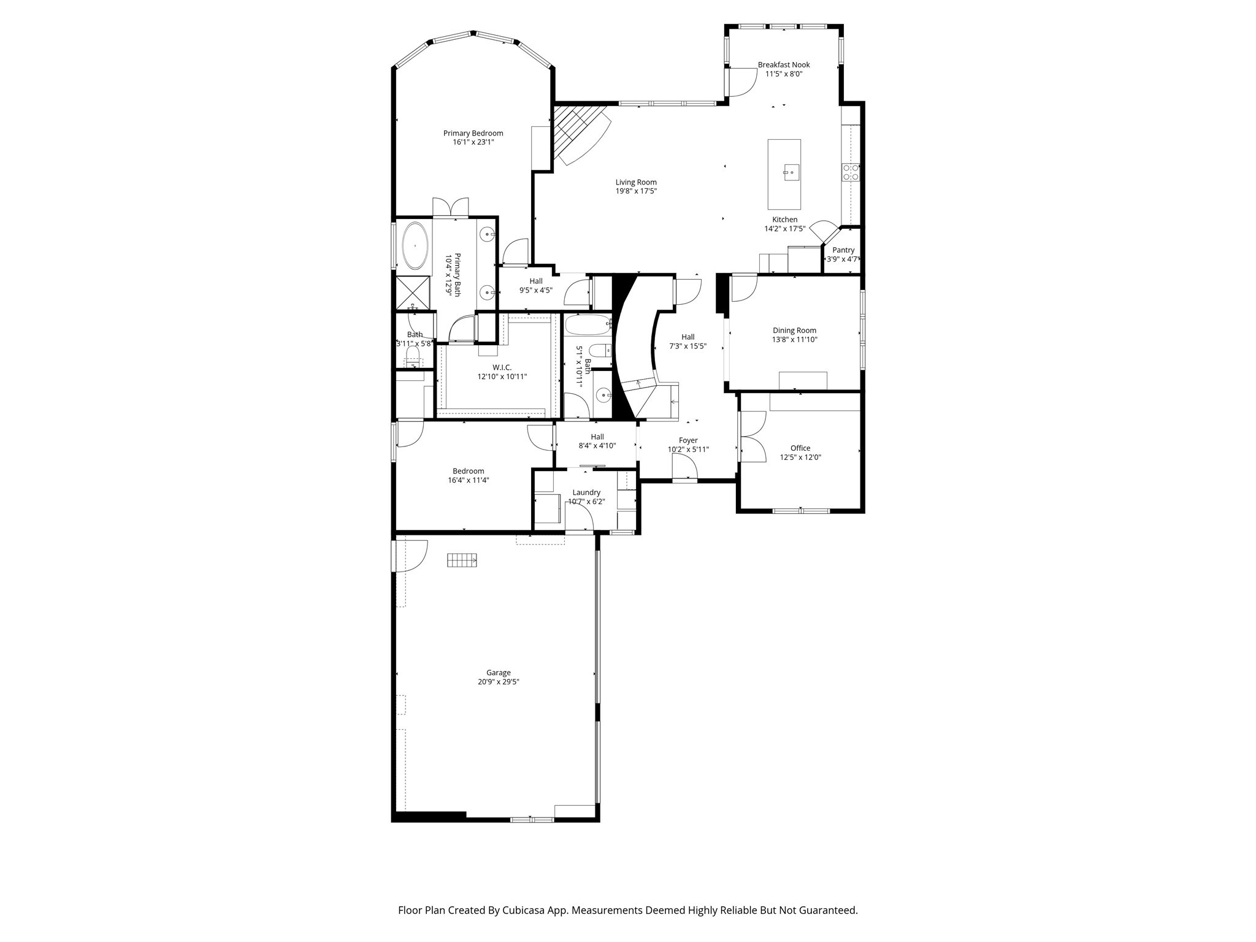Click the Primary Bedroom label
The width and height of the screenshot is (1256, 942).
point(473,133)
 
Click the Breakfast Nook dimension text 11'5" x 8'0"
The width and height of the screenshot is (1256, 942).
point(783,74)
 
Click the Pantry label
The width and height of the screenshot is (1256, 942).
point(843,250)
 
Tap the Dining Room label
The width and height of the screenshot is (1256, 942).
point(794,331)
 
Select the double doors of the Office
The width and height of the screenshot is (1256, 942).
point(752,437)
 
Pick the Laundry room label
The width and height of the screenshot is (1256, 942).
point(586,492)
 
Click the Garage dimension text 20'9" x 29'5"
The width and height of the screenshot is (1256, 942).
point(498,681)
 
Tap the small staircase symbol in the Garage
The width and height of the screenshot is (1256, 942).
point(462,560)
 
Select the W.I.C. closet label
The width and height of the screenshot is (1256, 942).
point(502,367)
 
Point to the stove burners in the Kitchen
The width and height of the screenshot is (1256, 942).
point(851,172)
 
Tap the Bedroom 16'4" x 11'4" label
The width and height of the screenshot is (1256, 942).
point(468,471)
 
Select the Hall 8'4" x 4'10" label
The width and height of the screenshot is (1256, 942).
point(597,437)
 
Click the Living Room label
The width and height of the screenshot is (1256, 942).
point(636,182)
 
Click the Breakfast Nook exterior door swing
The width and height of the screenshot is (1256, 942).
point(740,83)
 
